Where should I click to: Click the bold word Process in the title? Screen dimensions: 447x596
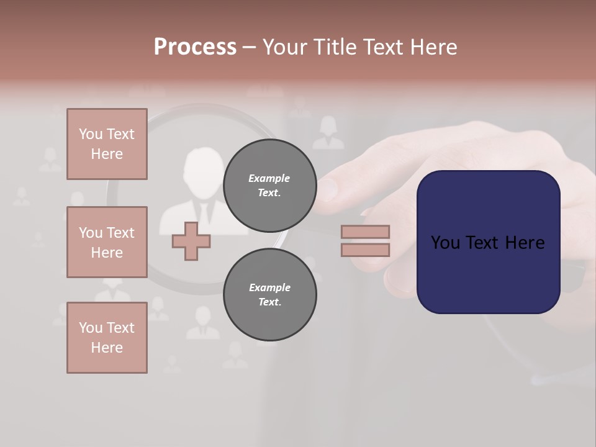[195, 47]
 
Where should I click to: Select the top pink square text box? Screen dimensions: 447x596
[107, 144]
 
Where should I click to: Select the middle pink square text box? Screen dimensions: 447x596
[107, 242]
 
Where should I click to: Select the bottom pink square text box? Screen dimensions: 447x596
[107, 338]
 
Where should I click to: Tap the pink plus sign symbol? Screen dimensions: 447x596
[191, 241]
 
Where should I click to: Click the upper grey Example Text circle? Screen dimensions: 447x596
[269, 186]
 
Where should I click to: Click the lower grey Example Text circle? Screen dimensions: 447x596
[269, 295]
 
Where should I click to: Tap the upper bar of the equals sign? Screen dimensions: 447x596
[365, 232]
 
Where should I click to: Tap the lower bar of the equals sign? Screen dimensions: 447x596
[365, 250]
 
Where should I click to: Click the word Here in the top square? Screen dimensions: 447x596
[107, 154]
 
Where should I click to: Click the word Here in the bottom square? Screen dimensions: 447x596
[107, 348]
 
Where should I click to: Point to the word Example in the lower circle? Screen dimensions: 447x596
[269, 287]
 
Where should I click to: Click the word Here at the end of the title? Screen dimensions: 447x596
[434, 47]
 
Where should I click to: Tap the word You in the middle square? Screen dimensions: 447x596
[89, 233]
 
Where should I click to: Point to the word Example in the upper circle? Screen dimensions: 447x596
[269, 178]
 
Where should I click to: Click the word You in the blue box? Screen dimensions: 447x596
[445, 243]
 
